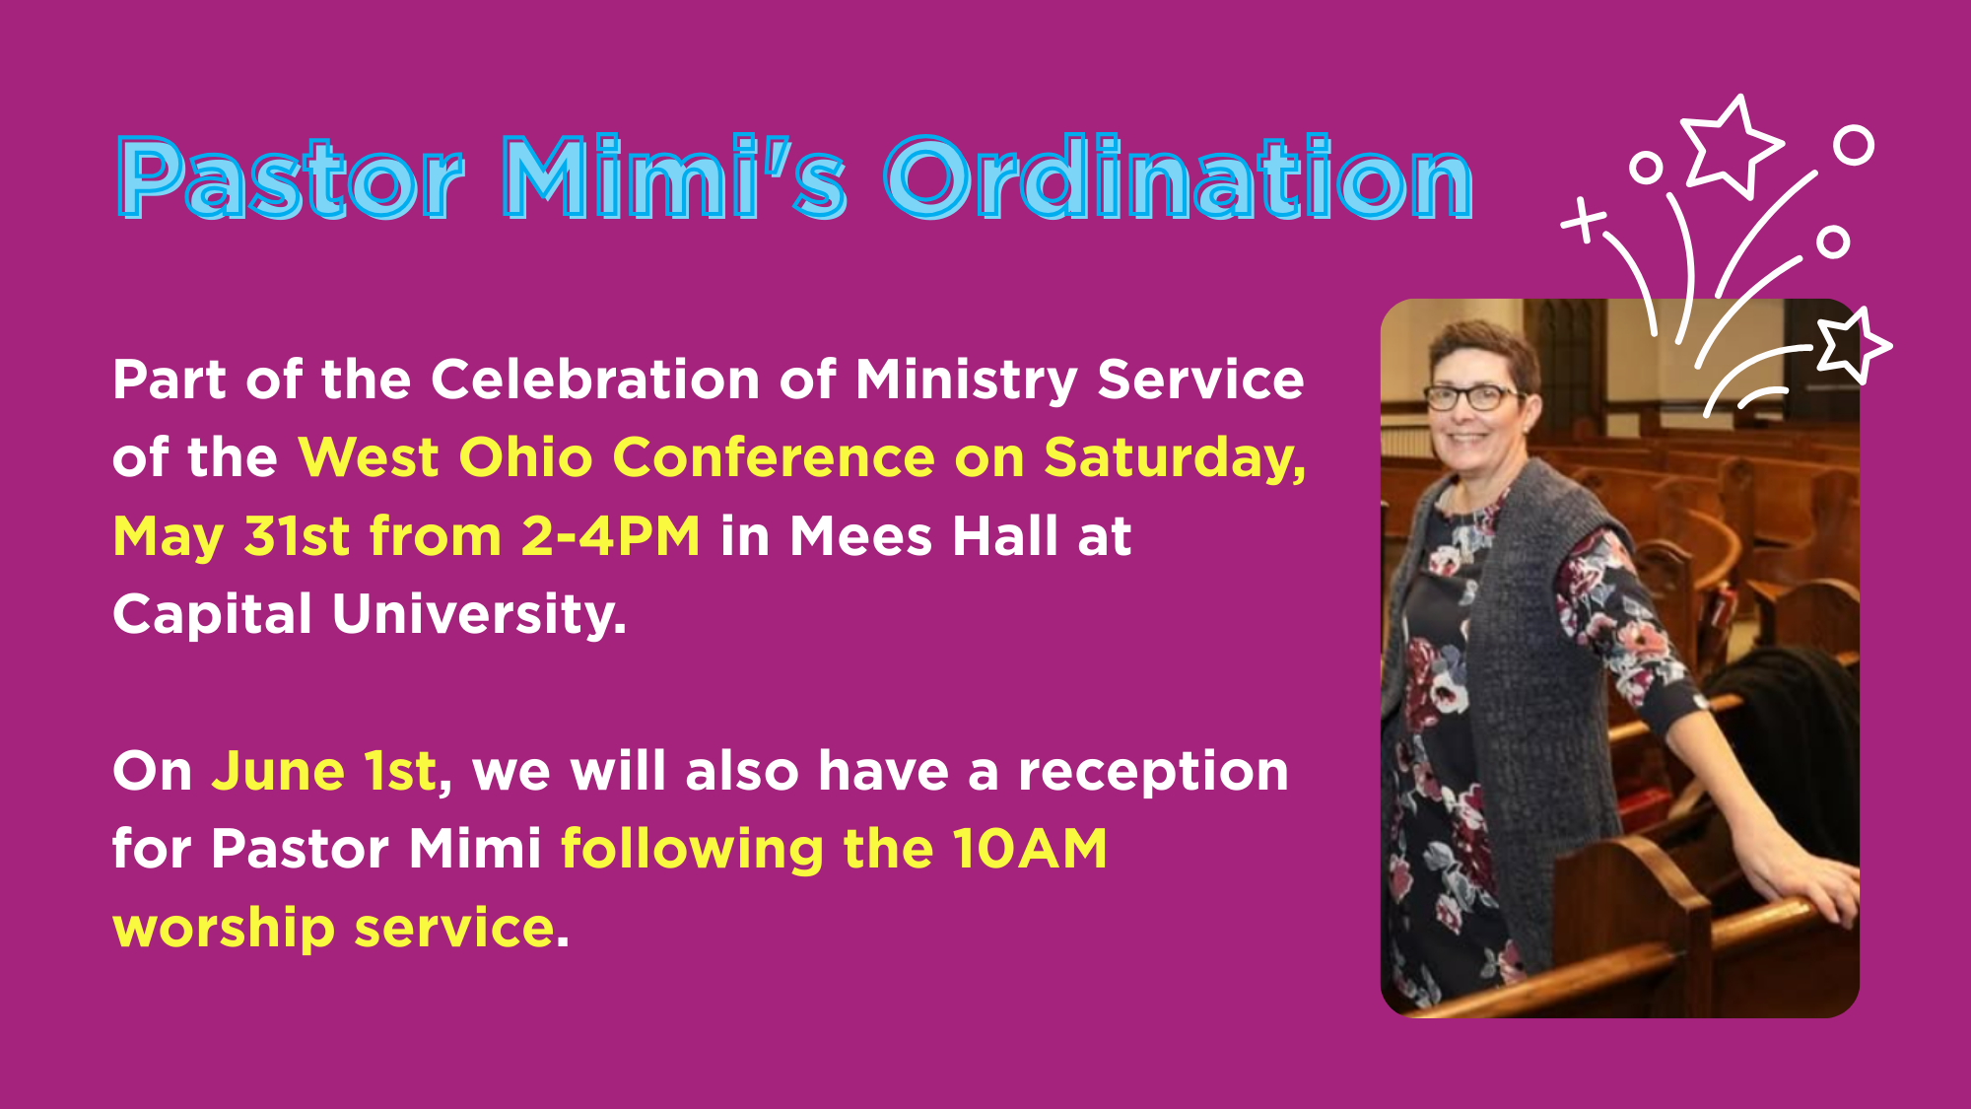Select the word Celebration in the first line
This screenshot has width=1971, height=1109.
click(595, 380)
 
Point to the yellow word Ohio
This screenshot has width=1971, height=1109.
click(525, 457)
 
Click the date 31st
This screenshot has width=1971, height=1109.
click(297, 536)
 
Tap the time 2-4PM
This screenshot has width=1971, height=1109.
click(610, 536)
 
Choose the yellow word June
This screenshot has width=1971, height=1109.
click(278, 771)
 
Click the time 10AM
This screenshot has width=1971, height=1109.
click(1030, 849)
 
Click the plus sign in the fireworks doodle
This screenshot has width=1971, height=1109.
click(1584, 220)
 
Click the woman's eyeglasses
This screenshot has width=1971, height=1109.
click(1471, 397)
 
